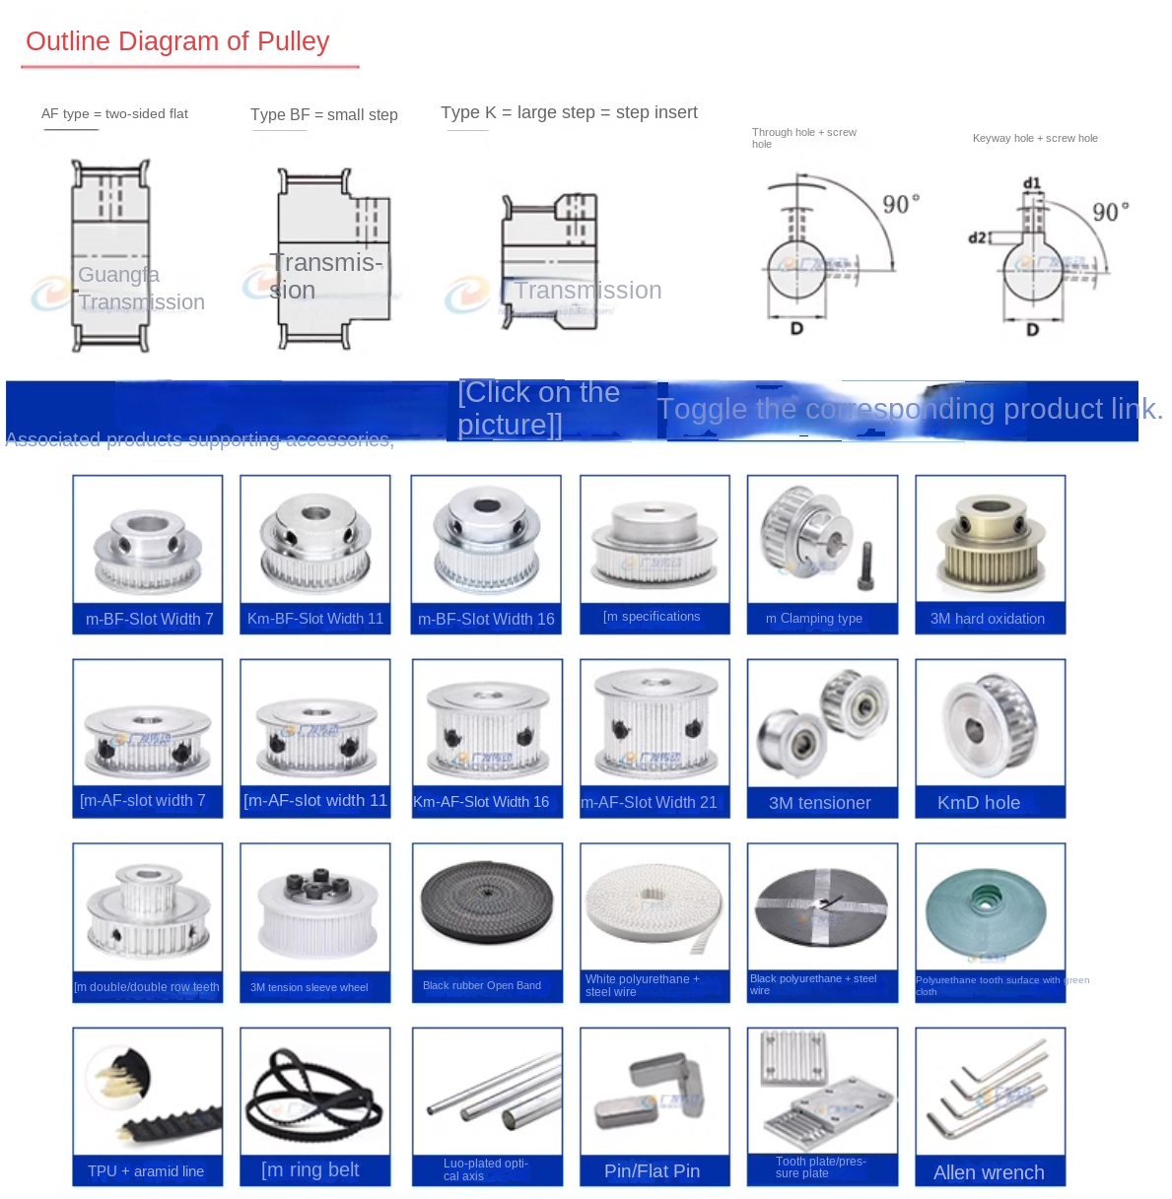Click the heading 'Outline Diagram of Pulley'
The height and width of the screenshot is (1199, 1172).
point(177,41)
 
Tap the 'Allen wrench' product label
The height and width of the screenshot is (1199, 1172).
point(989,1172)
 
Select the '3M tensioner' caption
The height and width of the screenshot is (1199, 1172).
point(820,803)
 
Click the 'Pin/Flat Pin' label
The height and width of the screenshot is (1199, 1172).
point(653,1171)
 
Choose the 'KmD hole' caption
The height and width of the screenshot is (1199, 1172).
point(979,803)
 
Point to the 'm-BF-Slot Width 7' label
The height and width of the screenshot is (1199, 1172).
point(149,619)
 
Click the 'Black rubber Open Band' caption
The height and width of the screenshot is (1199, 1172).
point(482,985)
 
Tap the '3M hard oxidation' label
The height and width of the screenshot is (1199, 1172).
point(988,619)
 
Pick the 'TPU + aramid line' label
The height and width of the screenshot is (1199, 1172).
point(146,1171)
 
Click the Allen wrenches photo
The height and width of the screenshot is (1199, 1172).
point(989,1091)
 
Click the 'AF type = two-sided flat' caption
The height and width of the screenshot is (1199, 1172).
point(114,114)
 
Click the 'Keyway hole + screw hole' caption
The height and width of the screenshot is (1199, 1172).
point(1035,138)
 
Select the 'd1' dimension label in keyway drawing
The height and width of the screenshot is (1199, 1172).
point(1032,184)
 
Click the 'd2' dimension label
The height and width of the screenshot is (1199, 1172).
point(977,237)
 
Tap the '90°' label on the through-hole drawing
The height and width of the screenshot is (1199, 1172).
point(900,204)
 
